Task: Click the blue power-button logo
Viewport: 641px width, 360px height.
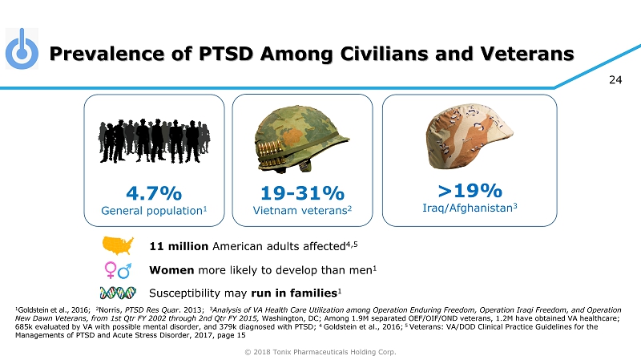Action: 22,51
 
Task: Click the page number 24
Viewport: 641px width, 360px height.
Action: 616,79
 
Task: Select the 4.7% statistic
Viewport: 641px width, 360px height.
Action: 153,193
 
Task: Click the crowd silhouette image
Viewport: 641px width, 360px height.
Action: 153,140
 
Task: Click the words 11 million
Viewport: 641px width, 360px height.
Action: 179,245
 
